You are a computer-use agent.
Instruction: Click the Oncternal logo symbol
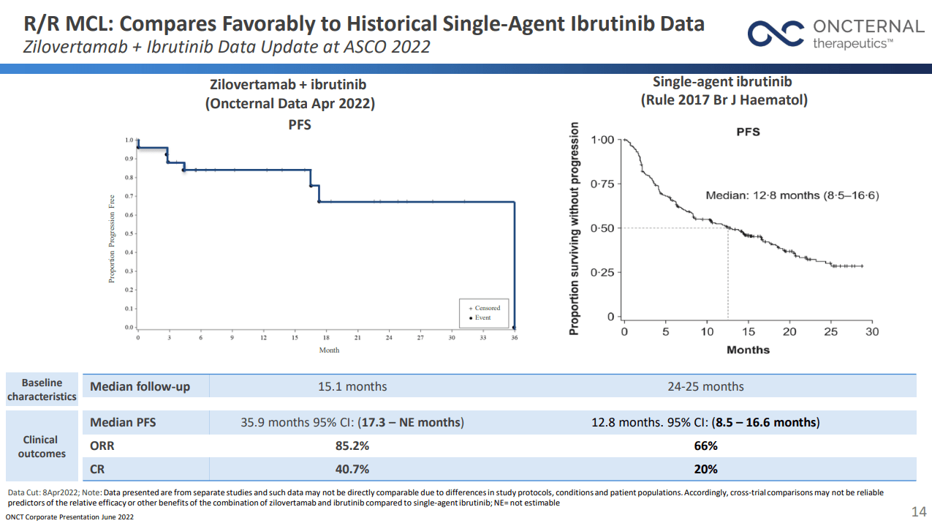[x=776, y=34]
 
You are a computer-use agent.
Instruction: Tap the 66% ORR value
[x=705, y=446]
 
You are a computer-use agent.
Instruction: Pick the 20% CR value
[x=705, y=469]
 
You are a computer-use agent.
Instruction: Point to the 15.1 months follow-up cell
[x=352, y=386]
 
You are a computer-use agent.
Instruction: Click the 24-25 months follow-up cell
[x=705, y=386]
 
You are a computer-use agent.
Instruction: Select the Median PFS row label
[x=123, y=422]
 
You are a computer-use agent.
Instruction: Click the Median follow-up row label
[x=140, y=386]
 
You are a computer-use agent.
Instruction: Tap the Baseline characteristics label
[x=42, y=389]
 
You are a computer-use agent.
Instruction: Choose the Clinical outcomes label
[x=42, y=446]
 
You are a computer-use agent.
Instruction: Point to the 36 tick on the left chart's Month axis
[x=514, y=338]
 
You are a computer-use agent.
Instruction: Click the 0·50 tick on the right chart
[x=602, y=228]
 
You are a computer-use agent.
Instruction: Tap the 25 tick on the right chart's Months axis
[x=830, y=331]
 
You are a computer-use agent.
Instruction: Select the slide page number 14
[x=918, y=511]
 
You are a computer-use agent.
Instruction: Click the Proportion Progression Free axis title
[x=112, y=238]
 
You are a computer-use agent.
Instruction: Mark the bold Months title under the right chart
[x=748, y=350]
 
